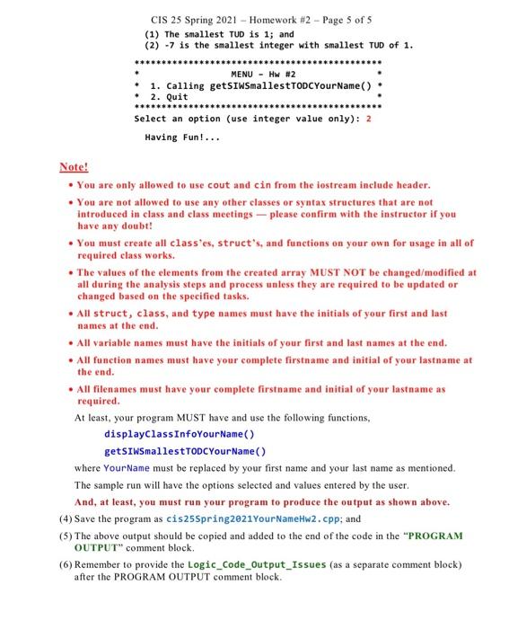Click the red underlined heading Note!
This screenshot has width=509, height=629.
(x=74, y=167)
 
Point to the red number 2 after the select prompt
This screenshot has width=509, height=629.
(x=369, y=118)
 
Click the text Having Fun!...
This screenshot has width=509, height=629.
(x=181, y=138)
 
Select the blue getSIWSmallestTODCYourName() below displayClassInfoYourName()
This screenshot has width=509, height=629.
(x=185, y=451)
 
